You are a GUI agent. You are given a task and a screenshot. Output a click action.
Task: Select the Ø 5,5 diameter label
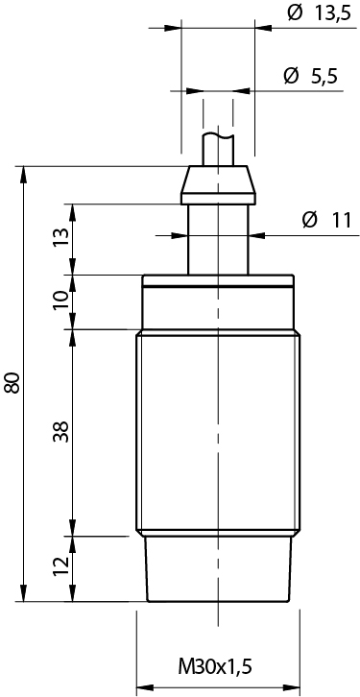(x=310, y=77)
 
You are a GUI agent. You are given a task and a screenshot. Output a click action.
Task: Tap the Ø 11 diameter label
(x=330, y=220)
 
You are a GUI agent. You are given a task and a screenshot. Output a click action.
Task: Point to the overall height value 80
(x=12, y=382)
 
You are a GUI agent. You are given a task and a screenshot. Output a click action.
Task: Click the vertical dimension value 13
(x=61, y=239)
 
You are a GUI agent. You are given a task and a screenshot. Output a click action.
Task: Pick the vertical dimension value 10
(x=61, y=300)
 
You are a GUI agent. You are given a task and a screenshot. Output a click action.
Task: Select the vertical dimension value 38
(x=61, y=431)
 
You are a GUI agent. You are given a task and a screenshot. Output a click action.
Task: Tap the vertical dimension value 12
(x=61, y=565)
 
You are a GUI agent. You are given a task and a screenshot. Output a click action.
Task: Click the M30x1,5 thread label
(x=215, y=667)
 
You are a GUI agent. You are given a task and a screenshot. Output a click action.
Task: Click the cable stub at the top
(x=218, y=150)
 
